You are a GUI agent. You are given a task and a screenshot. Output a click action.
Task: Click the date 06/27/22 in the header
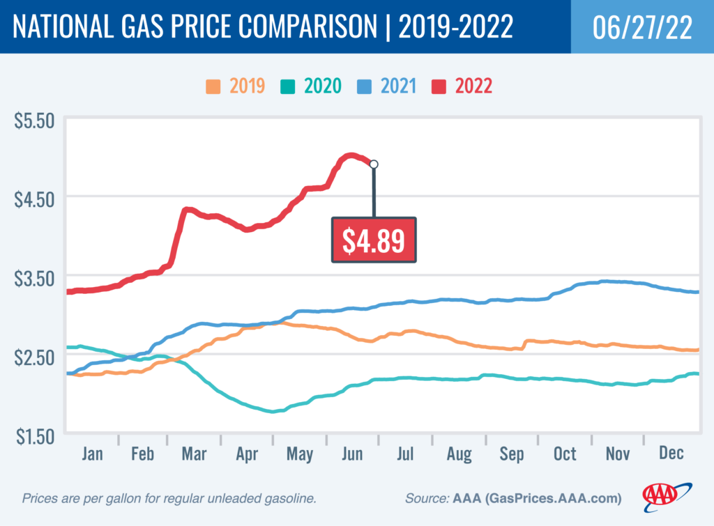coord(641,27)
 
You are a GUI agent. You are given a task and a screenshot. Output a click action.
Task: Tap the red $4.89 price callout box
coord(373,240)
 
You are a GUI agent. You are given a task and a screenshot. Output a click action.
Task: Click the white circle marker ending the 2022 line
coord(374,164)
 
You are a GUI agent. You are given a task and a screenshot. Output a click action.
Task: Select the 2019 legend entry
coord(235,86)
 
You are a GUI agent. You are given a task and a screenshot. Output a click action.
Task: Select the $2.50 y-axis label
coord(34,357)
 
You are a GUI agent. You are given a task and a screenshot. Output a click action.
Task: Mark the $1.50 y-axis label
coord(34,436)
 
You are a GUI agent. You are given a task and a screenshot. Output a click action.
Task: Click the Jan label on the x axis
coord(92,454)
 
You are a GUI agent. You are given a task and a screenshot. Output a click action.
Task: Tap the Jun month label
coord(353,454)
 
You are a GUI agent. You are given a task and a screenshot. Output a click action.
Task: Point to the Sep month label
coord(512,454)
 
